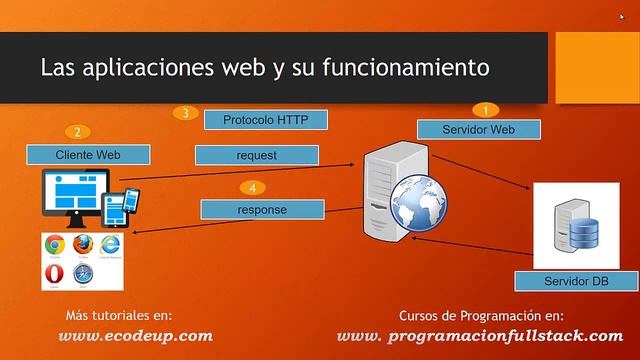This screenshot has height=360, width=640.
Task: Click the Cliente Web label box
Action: [88, 154]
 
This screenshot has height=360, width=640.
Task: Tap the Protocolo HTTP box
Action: [266, 119]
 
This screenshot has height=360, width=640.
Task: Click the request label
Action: [257, 155]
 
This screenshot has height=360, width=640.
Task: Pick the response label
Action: [262, 209]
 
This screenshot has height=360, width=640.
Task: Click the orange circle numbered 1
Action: [486, 110]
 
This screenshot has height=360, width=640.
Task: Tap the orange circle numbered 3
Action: [185, 112]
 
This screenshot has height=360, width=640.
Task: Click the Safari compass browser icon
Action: [83, 273]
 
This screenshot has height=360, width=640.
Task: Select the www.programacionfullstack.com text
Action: [480, 336]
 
